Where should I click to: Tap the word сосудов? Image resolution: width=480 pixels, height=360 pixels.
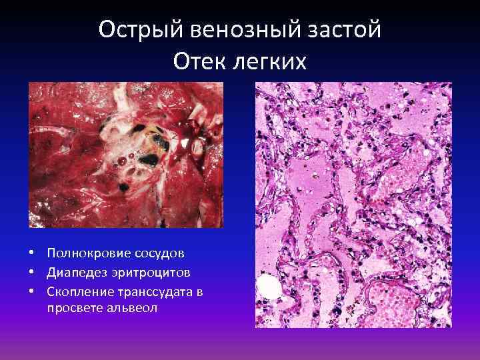point(161,254)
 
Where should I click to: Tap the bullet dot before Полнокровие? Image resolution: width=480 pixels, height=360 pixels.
point(32,254)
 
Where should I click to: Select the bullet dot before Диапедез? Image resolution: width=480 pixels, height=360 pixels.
point(32,273)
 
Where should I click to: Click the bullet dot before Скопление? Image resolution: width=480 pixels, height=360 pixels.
point(32,292)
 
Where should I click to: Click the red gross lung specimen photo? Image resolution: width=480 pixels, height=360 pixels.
point(126,155)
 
